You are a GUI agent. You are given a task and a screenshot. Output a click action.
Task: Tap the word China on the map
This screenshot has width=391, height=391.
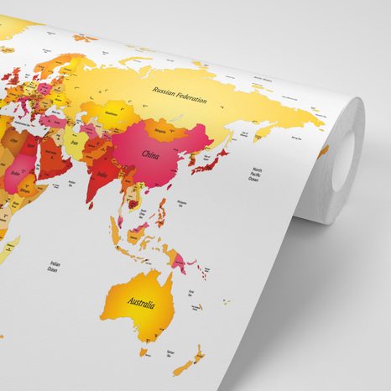click(x=151, y=155)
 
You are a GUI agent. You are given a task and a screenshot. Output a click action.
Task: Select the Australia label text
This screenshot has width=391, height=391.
click(x=141, y=300)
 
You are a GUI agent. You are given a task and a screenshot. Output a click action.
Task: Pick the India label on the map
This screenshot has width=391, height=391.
click(x=102, y=174)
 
